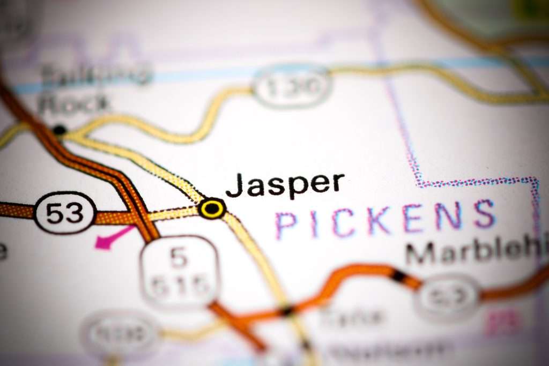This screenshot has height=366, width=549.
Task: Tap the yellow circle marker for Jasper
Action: [212, 208]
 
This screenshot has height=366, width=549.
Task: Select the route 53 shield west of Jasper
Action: [65, 213]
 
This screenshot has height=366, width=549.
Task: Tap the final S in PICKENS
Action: [484, 214]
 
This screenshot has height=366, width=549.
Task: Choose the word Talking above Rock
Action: [97, 75]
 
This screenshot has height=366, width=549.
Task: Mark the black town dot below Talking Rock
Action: [60, 130]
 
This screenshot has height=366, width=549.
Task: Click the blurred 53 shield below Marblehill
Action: [448, 298]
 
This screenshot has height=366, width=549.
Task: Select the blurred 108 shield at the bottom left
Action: [120, 335]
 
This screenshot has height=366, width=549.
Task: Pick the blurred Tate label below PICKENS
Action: [351, 317]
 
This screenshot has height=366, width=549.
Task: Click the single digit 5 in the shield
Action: [180, 258]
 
